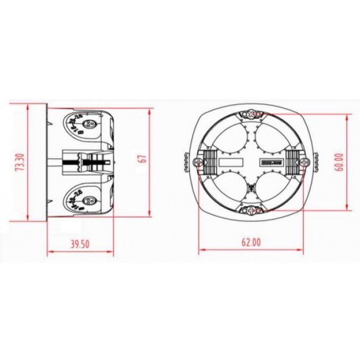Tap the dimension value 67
[142, 160]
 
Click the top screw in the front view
[252, 115]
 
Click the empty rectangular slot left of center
[231, 163]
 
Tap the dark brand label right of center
[271, 163]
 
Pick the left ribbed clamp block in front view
[210, 162]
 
